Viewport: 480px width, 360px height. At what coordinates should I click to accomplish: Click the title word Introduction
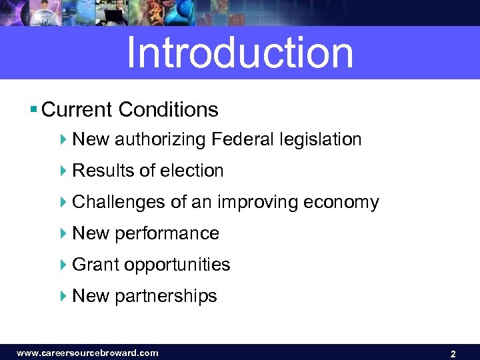(x=239, y=53)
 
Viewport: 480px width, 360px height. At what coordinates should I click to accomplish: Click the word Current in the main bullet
(x=77, y=109)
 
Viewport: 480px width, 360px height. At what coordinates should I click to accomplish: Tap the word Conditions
(x=169, y=109)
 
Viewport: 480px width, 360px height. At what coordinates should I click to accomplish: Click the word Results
(x=103, y=171)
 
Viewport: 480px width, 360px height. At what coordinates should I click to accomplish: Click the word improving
(x=256, y=203)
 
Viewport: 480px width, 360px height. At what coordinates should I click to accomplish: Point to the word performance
(x=167, y=234)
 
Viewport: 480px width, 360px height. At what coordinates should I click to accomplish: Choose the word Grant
(x=95, y=265)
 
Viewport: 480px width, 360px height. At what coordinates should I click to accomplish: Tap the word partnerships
(x=166, y=296)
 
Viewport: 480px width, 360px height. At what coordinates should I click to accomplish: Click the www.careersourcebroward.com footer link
(x=87, y=353)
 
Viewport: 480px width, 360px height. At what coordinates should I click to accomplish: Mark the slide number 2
(x=453, y=354)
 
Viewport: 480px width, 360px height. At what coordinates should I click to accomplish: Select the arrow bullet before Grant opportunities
(x=63, y=265)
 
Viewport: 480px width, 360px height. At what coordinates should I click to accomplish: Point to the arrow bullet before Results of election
(x=63, y=171)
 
